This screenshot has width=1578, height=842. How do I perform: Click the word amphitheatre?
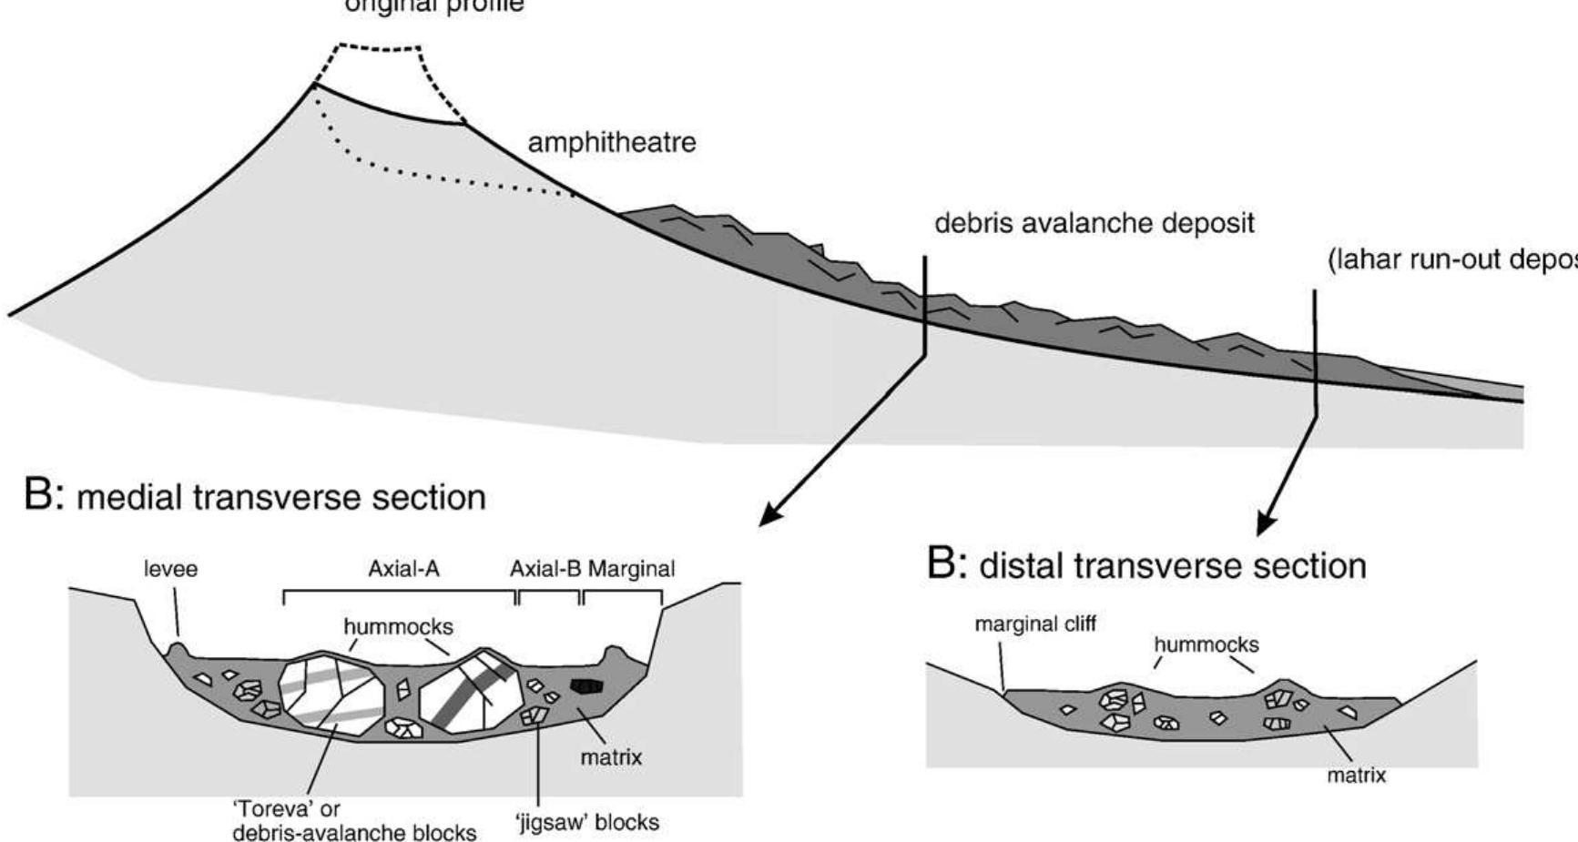[x=612, y=143]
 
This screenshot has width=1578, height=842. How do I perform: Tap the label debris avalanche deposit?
[x=1094, y=223]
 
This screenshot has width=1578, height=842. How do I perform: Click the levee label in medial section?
[x=170, y=570]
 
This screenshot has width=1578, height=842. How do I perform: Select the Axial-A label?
[x=403, y=570]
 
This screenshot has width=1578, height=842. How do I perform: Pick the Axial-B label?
[x=545, y=570]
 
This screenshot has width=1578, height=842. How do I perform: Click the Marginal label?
[x=632, y=570]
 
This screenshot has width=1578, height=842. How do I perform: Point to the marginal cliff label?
[x=1035, y=624]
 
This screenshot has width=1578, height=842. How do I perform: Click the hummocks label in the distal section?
[x=1206, y=645]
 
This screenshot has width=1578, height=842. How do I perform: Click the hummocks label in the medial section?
[x=398, y=627]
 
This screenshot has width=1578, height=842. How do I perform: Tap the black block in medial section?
[x=585, y=686]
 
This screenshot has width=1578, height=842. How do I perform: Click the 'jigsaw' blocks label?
[x=587, y=823]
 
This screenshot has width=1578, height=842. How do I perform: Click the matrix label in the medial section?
[x=610, y=757]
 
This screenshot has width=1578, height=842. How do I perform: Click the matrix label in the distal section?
[x=1356, y=776]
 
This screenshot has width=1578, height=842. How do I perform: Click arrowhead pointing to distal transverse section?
[x=1267, y=524]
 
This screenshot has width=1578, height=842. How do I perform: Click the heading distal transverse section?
[x=1145, y=566]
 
